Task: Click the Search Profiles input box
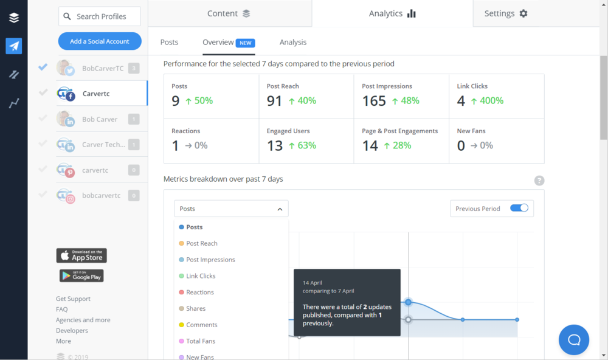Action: click(100, 16)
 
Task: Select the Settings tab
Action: click(506, 13)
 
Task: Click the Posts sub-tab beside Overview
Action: click(169, 43)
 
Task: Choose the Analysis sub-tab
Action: click(293, 43)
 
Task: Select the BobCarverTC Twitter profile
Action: click(102, 68)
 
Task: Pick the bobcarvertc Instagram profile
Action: click(101, 196)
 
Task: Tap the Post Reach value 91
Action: click(274, 101)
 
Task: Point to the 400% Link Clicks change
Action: click(486, 101)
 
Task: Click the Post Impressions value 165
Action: click(374, 101)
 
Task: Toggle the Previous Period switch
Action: click(519, 208)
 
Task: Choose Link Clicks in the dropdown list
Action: click(201, 276)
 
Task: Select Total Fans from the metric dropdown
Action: click(201, 341)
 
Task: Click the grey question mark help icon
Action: click(539, 181)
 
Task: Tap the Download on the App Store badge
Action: click(81, 255)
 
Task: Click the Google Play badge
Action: click(81, 275)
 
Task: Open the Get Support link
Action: click(73, 299)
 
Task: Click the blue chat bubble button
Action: click(574, 340)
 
